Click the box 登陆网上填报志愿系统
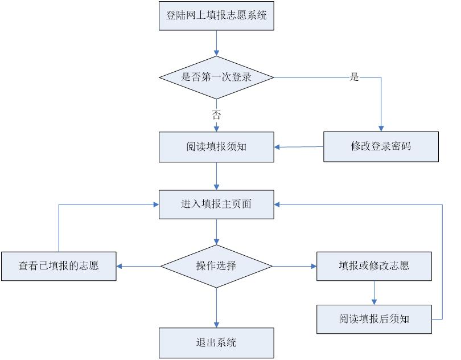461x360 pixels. (x=216, y=15)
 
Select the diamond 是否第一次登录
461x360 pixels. (x=216, y=77)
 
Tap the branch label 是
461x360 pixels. (x=354, y=77)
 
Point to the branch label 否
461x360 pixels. (x=216, y=114)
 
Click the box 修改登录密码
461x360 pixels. (x=381, y=146)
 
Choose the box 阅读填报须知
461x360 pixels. (x=216, y=146)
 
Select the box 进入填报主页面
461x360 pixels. (x=216, y=204)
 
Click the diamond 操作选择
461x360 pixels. (x=216, y=265)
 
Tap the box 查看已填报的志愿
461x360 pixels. (x=59, y=265)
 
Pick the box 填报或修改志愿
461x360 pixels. (x=374, y=265)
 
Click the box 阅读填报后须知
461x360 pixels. (x=374, y=318)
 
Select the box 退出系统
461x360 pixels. (x=216, y=342)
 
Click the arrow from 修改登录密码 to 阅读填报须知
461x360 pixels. (x=299, y=147)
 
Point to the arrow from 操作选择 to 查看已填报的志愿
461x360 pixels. (x=138, y=265)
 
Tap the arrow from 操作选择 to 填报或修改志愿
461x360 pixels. (x=295, y=265)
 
